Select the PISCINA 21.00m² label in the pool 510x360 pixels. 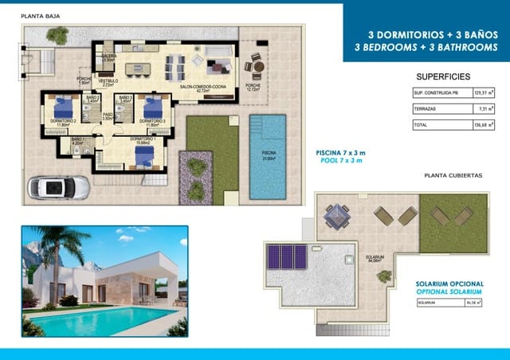coord(269,158)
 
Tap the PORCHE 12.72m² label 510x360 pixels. coord(253,88)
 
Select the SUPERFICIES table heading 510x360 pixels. coord(443,76)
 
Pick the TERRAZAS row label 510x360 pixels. coord(425,109)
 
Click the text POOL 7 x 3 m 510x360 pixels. coord(340,160)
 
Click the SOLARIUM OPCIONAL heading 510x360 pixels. coord(450,284)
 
